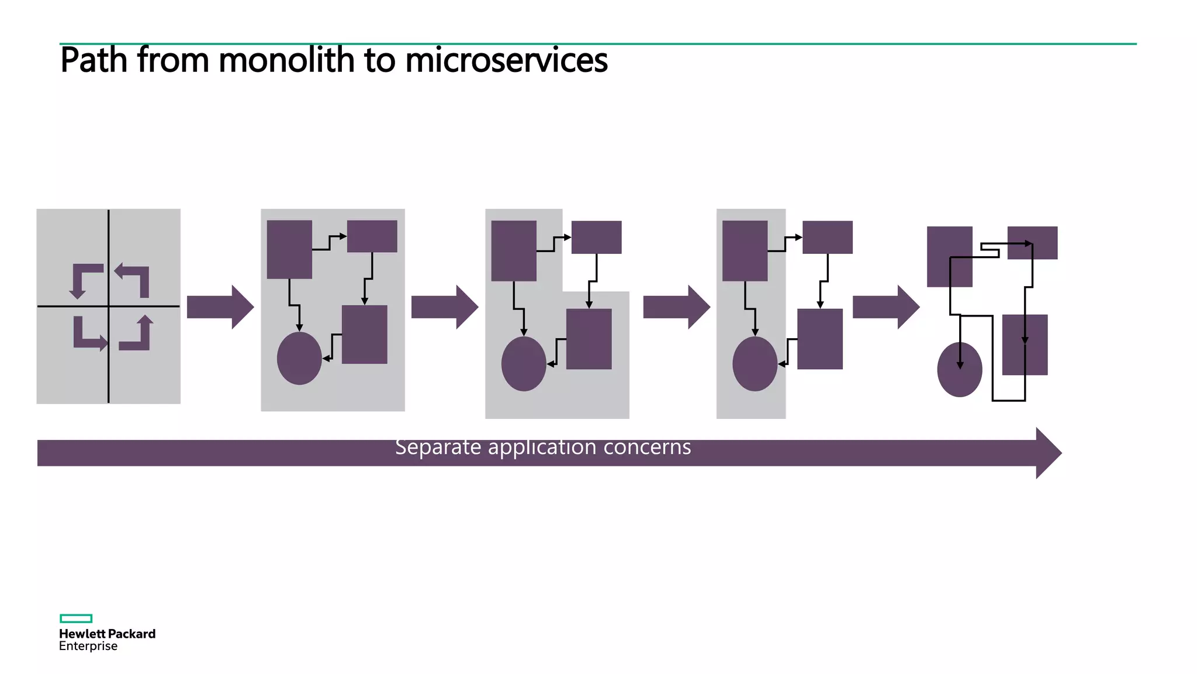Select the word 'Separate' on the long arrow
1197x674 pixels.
click(x=438, y=447)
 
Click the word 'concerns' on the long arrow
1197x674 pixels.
click(x=647, y=447)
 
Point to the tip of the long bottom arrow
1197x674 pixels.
click(x=1061, y=453)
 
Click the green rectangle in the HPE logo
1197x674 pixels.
click(x=76, y=618)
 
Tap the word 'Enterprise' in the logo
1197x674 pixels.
click(x=88, y=647)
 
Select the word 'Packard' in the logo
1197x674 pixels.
click(x=132, y=634)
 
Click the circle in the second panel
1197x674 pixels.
click(x=299, y=358)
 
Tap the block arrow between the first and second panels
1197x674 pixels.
click(x=220, y=307)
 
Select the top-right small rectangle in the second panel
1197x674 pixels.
click(x=372, y=236)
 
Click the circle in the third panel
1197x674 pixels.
click(x=524, y=364)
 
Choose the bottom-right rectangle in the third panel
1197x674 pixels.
click(x=589, y=339)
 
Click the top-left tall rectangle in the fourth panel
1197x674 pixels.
click(x=745, y=251)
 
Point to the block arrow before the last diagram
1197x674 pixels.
click(x=886, y=307)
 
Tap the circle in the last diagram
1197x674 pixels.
click(x=960, y=370)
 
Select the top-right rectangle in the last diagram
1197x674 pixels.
click(x=1033, y=243)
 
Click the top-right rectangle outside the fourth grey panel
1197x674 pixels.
click(x=828, y=237)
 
